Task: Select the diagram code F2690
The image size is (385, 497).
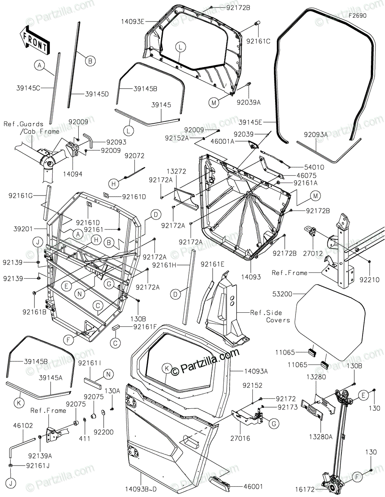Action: click(x=358, y=16)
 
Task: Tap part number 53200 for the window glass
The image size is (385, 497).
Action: click(x=283, y=294)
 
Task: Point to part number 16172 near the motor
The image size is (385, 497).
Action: click(x=305, y=490)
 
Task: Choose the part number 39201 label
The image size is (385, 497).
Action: click(x=23, y=229)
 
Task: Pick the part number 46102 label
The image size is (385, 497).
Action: click(x=23, y=425)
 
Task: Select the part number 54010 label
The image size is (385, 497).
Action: click(x=314, y=167)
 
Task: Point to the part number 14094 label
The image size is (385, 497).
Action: click(x=73, y=174)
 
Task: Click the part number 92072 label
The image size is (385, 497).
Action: click(x=135, y=156)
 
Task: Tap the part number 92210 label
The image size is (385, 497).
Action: click(x=369, y=280)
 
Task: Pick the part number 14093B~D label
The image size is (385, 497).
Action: click(x=141, y=490)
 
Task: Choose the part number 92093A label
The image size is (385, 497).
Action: click(x=316, y=135)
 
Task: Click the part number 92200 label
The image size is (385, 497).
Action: click(x=104, y=432)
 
